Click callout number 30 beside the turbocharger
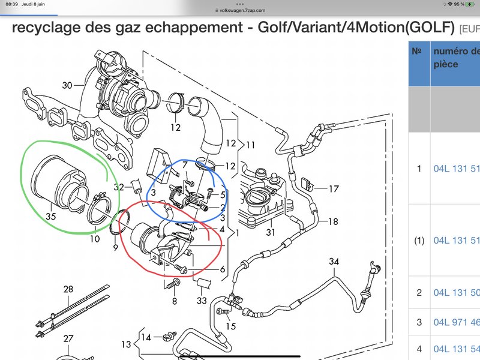(67, 85)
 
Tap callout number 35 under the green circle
(51, 216)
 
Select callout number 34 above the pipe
(334, 262)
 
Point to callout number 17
(334, 188)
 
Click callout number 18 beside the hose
(333, 221)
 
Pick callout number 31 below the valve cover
(271, 232)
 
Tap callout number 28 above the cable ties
(68, 289)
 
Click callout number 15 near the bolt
(231, 326)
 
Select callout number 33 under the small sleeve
(202, 301)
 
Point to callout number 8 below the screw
(175, 301)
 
